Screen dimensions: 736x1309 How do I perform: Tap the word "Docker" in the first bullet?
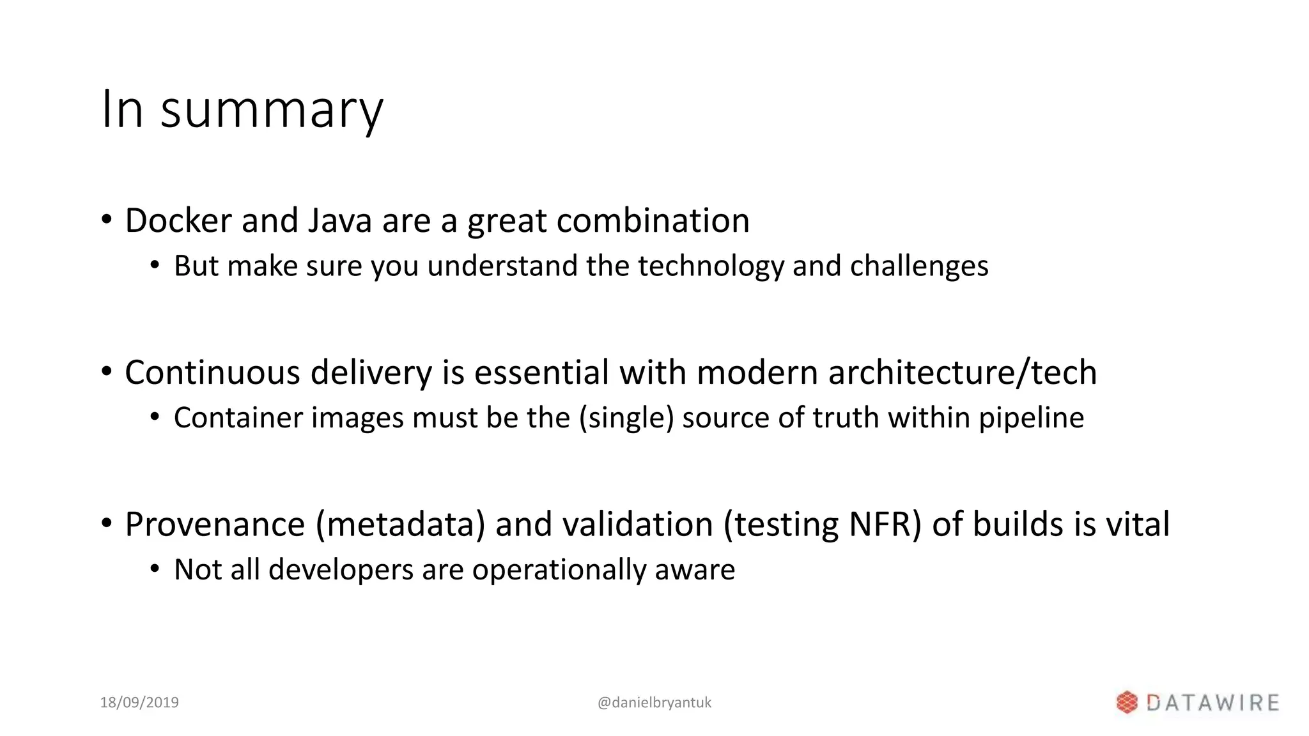(178, 221)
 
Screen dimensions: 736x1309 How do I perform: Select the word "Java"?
(340, 221)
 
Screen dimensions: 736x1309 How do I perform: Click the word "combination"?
(653, 221)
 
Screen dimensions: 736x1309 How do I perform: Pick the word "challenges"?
(918, 266)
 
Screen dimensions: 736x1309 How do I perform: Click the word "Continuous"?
(212, 372)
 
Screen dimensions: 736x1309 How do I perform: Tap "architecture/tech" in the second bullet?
(963, 372)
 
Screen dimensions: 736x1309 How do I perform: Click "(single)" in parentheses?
(626, 418)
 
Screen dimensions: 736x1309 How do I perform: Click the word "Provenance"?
(215, 525)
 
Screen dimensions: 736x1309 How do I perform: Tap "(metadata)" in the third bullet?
(400, 525)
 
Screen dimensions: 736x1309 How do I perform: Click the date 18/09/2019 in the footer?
(139, 703)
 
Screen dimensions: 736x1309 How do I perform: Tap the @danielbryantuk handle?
(654, 703)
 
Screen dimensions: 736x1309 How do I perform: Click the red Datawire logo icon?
(1127, 703)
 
